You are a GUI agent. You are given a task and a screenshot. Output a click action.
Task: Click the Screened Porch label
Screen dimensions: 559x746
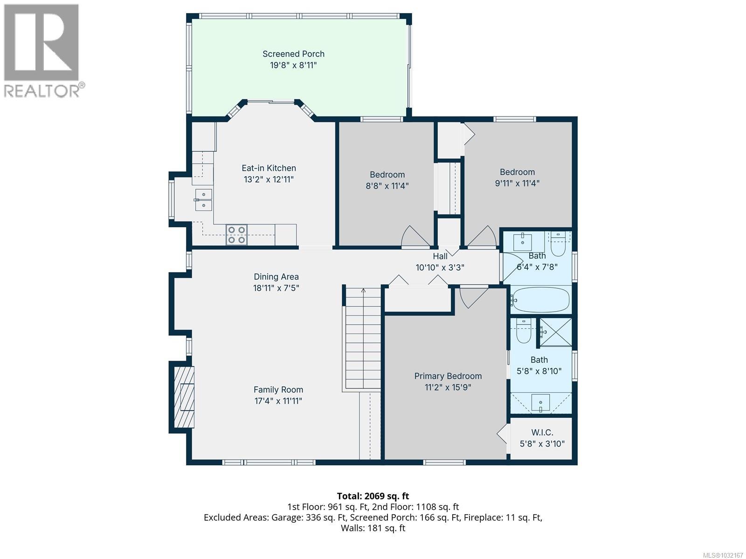click(x=293, y=54)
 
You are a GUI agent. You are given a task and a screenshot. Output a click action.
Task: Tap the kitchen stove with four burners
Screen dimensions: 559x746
click(x=236, y=235)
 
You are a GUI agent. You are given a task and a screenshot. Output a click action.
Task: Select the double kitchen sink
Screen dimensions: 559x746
click(x=203, y=199)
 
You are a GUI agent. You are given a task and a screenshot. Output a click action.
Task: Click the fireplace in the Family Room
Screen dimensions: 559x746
click(x=184, y=397)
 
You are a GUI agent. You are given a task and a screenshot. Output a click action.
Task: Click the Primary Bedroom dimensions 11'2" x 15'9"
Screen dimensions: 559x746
click(x=448, y=388)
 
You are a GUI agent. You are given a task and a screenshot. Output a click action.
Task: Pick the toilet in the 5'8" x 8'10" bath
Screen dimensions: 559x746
click(x=524, y=331)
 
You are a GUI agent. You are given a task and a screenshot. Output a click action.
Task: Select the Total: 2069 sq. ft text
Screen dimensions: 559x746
click(x=373, y=496)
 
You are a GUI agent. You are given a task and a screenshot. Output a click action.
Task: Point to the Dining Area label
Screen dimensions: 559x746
click(x=276, y=277)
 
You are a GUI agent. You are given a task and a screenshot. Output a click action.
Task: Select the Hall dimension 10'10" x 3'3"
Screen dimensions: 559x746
click(x=440, y=268)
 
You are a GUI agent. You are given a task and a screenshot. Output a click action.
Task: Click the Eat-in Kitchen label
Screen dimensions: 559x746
click(x=269, y=168)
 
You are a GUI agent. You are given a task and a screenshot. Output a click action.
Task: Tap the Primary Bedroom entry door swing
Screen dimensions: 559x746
click(x=472, y=297)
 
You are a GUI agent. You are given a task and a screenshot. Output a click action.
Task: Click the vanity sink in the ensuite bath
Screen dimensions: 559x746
click(x=541, y=402)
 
